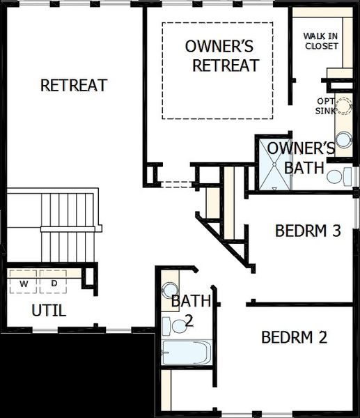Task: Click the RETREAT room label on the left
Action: pos(74,86)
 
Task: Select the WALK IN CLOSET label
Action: pos(321,41)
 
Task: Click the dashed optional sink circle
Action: pos(345,106)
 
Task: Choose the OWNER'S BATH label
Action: pos(301,157)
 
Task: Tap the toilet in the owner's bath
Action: pos(336,176)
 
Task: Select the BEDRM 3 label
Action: pos(308,231)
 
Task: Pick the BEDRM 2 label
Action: pos(294,338)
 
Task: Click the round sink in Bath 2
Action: pos(169,290)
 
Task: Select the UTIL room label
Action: pos(49,311)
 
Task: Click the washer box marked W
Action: pos(24,284)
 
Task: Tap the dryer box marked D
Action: pos(54,284)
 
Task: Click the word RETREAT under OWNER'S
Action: pos(226,66)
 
